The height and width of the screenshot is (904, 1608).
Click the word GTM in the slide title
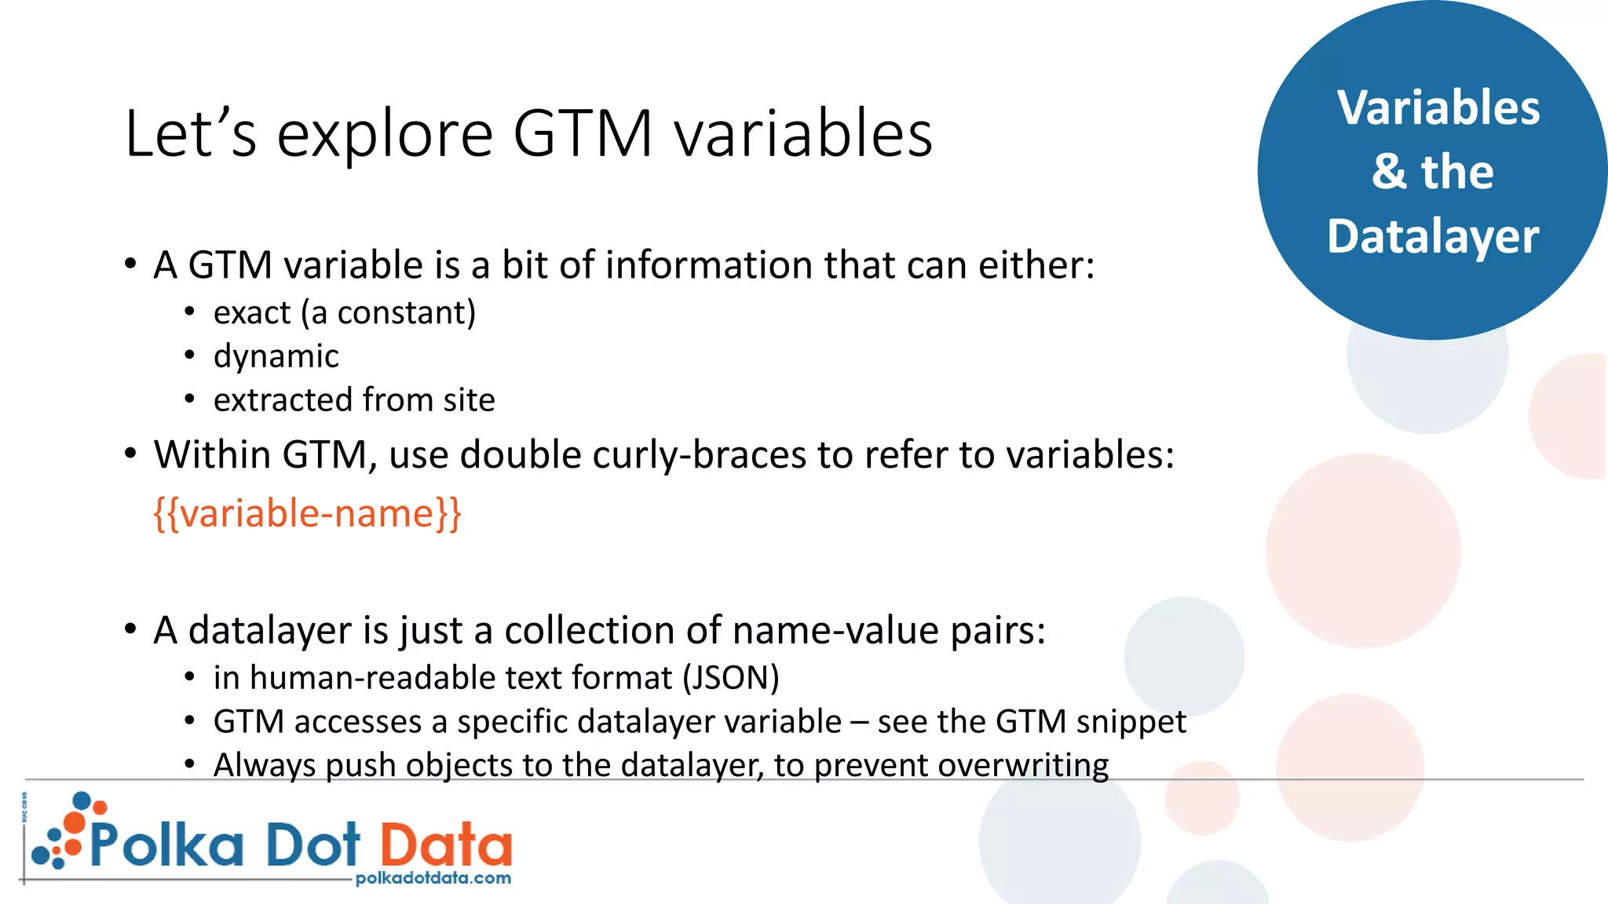tap(583, 133)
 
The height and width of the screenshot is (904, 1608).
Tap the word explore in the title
tap(385, 135)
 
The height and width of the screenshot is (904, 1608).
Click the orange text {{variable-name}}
tap(307, 514)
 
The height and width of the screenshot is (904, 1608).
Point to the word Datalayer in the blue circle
tap(1433, 236)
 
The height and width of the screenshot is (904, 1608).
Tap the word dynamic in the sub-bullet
tap(276, 357)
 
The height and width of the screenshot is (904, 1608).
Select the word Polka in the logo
tap(166, 844)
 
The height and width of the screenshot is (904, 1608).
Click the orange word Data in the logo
tap(446, 844)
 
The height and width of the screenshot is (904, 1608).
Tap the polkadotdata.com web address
tap(433, 878)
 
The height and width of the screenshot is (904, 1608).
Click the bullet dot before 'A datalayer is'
tap(130, 629)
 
